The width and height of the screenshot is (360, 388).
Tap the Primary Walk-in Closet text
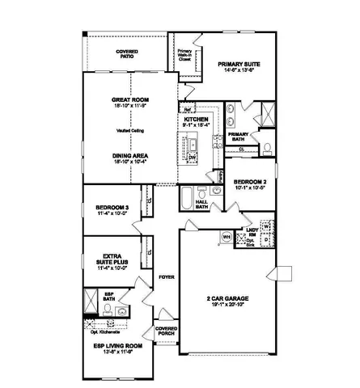(185, 55)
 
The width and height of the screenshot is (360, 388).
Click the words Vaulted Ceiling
(129, 129)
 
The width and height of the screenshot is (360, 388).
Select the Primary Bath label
(239, 136)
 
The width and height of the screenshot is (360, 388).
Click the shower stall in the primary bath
(265, 114)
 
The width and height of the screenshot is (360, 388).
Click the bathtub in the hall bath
(187, 196)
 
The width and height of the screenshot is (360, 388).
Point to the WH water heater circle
(227, 237)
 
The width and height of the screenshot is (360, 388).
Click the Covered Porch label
(166, 332)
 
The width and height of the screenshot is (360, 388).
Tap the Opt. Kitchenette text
(105, 332)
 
